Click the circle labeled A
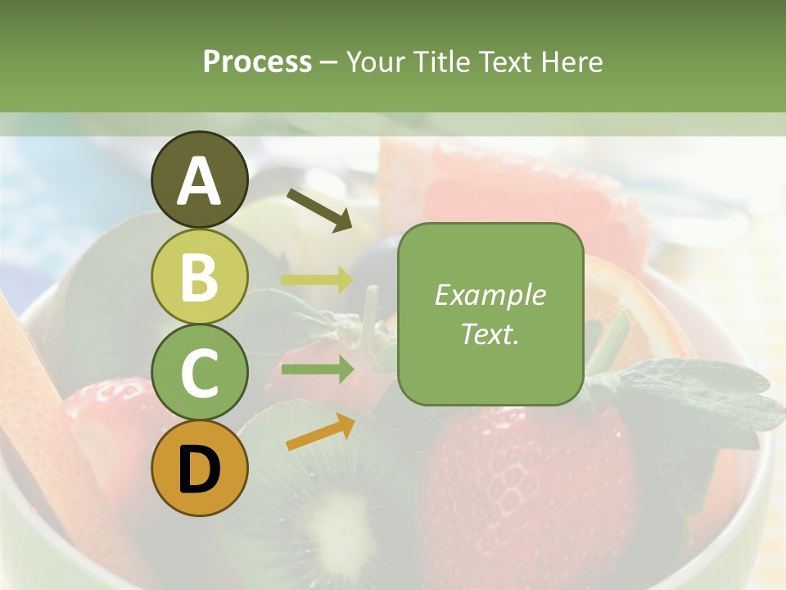(200, 179)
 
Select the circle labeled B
(200, 276)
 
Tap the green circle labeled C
(200, 372)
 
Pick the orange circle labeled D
(200, 468)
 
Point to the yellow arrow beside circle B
(316, 279)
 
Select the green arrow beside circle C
(316, 369)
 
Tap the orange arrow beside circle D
(320, 432)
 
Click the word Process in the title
(257, 61)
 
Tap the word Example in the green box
(490, 295)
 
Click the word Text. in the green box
(490, 334)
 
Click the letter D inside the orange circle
(200, 470)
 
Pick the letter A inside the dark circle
(200, 181)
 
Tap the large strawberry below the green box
(524, 483)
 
